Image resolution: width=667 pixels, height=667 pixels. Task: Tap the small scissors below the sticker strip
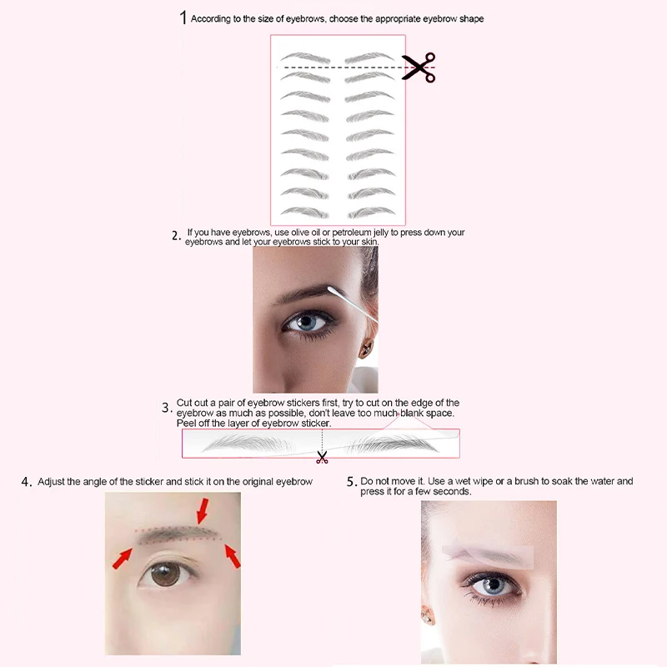click(322, 456)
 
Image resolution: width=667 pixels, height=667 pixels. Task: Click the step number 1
click(183, 18)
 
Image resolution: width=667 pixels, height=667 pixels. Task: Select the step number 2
click(176, 236)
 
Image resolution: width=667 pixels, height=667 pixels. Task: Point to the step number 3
click(167, 408)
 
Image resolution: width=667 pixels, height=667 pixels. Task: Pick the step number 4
click(27, 482)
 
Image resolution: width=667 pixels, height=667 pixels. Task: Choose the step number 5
click(351, 482)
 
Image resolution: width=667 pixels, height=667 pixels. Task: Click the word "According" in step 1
click(213, 18)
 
